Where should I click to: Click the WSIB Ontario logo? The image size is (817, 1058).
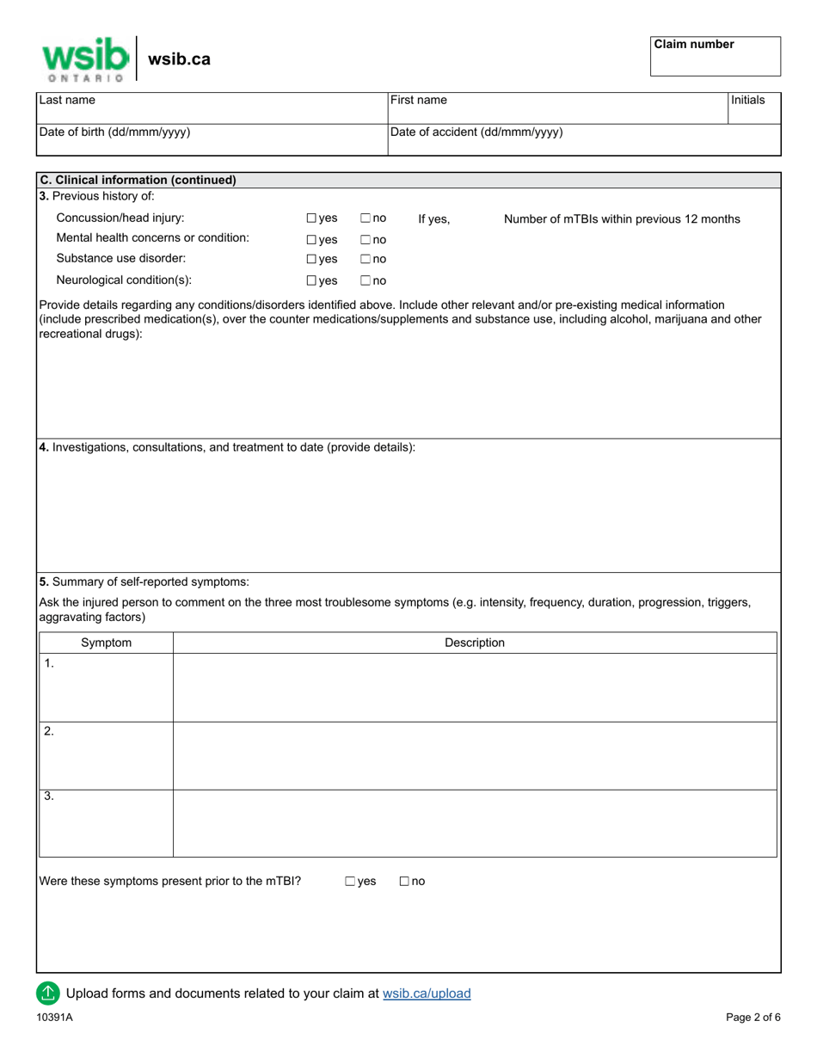[85, 58]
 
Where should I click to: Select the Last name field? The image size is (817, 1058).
[211, 108]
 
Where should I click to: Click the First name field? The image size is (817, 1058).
[556, 108]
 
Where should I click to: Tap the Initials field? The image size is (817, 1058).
[754, 108]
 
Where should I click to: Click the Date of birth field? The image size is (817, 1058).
[211, 140]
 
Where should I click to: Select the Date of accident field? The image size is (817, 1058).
[583, 140]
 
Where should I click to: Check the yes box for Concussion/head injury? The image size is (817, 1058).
[312, 219]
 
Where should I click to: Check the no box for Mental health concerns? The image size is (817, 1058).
[365, 240]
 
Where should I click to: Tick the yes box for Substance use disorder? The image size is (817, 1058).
[312, 260]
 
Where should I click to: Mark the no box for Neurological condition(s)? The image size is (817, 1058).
[365, 280]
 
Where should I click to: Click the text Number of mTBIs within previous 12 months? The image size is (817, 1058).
[621, 219]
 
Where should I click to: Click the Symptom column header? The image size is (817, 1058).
[106, 643]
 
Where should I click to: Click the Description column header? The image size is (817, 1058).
[474, 643]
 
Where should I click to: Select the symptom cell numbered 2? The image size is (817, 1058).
[106, 755]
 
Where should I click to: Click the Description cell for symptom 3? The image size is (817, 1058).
[474, 823]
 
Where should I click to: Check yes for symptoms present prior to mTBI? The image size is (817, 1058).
[351, 882]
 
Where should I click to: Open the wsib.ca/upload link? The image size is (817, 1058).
[427, 993]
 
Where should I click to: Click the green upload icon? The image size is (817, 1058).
[48, 993]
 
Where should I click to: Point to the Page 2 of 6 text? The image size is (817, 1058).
[753, 1018]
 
